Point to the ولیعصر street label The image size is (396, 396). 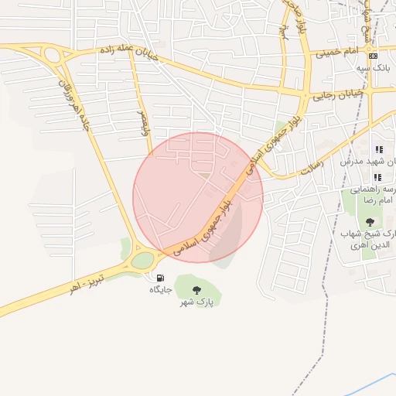[x=144, y=121]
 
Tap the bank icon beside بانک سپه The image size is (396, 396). [x=374, y=56]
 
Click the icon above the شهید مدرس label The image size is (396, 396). [x=379, y=149]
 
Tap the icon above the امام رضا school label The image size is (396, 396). [x=377, y=177]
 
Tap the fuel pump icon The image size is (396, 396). [x=160, y=278]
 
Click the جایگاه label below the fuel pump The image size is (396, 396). [x=160, y=289]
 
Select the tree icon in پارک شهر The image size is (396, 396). [x=196, y=289]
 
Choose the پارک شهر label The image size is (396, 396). [x=198, y=302]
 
